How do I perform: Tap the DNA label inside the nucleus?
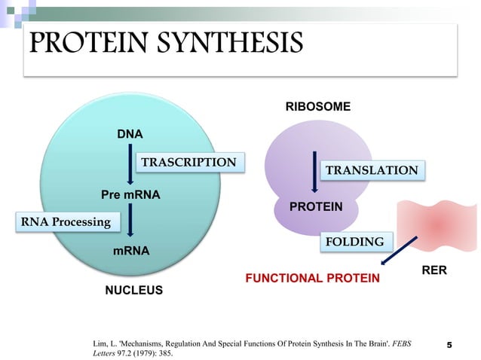click(x=130, y=134)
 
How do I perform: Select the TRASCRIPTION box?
click(x=189, y=162)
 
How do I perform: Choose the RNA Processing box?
click(x=65, y=222)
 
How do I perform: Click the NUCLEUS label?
click(x=133, y=289)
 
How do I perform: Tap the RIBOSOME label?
click(x=317, y=107)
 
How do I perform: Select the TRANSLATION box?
click(x=372, y=170)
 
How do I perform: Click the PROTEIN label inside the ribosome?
click(x=317, y=206)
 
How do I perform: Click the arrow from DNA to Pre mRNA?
click(x=130, y=166)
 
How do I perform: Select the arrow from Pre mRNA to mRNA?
click(x=131, y=222)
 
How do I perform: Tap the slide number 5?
click(x=450, y=345)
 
